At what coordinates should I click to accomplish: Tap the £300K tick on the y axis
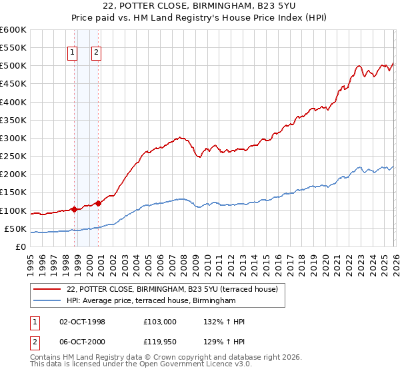point(13,138)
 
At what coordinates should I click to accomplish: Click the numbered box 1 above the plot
point(72,53)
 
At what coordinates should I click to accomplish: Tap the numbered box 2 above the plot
point(97,53)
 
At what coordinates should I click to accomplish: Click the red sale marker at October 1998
point(74,209)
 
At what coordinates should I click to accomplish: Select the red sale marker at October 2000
point(97,203)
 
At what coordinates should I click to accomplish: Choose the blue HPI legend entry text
point(151,301)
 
